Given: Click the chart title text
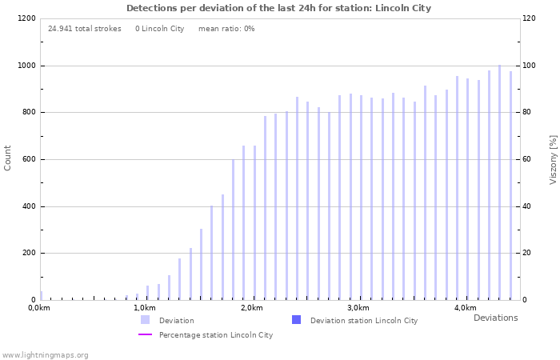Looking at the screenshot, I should [x=278, y=8].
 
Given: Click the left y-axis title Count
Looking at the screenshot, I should [x=8, y=158].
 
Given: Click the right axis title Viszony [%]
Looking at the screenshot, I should [x=553, y=159].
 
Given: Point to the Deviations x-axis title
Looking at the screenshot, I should [x=495, y=318].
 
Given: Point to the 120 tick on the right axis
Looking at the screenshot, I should [x=530, y=18].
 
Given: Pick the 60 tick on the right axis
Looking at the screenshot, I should [x=528, y=159].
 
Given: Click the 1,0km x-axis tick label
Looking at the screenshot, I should [x=145, y=308].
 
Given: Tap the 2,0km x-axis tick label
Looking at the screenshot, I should [x=252, y=308].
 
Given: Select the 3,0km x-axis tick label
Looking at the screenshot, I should [x=358, y=308].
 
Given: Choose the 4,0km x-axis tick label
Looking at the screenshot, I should [x=465, y=308].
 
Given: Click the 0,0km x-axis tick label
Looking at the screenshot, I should [x=39, y=308].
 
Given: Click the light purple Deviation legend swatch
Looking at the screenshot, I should [x=145, y=320].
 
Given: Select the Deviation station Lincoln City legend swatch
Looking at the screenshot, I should [x=296, y=320].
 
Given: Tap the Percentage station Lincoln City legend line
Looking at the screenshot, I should [x=145, y=334].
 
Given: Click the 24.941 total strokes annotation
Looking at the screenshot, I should [x=85, y=29].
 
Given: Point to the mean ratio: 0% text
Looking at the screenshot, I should [x=226, y=29].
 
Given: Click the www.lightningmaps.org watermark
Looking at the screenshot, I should [x=46, y=354].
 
